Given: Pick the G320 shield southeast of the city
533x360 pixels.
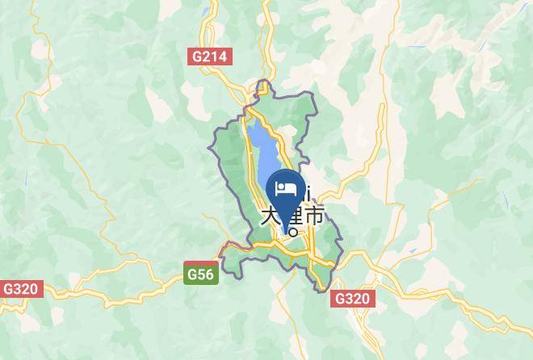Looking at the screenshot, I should coord(352,299).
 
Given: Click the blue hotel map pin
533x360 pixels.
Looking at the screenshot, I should coord(286,194).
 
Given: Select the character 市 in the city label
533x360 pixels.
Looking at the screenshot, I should coord(314,216).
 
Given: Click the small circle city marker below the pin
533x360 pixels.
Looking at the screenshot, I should coord(292,232).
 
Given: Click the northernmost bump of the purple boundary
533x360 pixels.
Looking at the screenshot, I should coord(263,82).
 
